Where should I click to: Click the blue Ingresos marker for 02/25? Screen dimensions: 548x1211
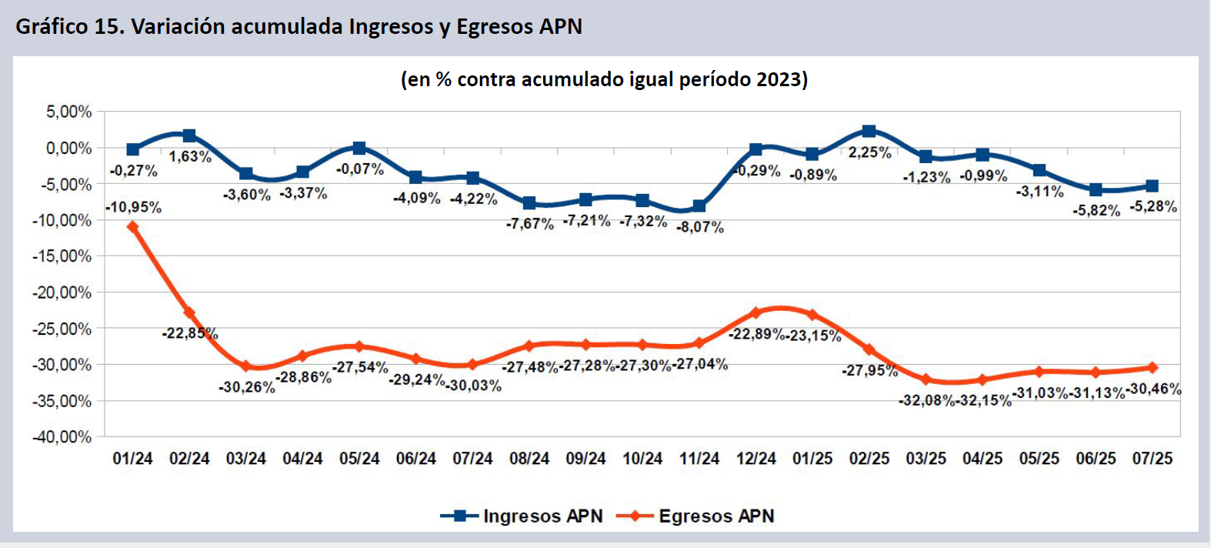tap(869, 132)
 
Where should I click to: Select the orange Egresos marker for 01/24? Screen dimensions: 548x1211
tap(133, 227)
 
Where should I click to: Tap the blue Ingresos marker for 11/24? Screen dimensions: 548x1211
tap(699, 205)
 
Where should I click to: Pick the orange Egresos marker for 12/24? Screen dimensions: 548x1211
tap(756, 313)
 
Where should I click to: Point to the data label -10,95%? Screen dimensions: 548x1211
tap(134, 207)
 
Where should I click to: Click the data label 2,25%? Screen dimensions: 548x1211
tap(870, 152)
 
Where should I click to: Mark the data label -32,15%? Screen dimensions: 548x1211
tap(984, 400)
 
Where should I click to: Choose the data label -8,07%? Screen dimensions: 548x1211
tap(700, 227)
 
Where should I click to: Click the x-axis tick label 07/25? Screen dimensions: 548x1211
tap(1153, 459)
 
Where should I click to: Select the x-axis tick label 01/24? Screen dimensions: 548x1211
tap(133, 459)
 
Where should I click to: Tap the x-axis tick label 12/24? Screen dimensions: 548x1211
tap(756, 459)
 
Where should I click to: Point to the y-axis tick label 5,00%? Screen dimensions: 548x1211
tap(69, 112)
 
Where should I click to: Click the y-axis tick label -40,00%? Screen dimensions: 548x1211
tap(62, 436)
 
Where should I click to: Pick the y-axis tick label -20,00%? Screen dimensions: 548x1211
tap(62, 292)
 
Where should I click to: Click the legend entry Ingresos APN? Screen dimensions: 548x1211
tap(542, 516)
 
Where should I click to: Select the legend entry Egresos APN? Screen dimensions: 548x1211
tap(716, 516)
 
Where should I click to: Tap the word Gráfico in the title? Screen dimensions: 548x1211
tap(52, 27)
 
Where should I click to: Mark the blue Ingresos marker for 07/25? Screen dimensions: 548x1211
tap(1152, 186)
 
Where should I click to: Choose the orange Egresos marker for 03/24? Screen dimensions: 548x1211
tap(246, 366)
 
